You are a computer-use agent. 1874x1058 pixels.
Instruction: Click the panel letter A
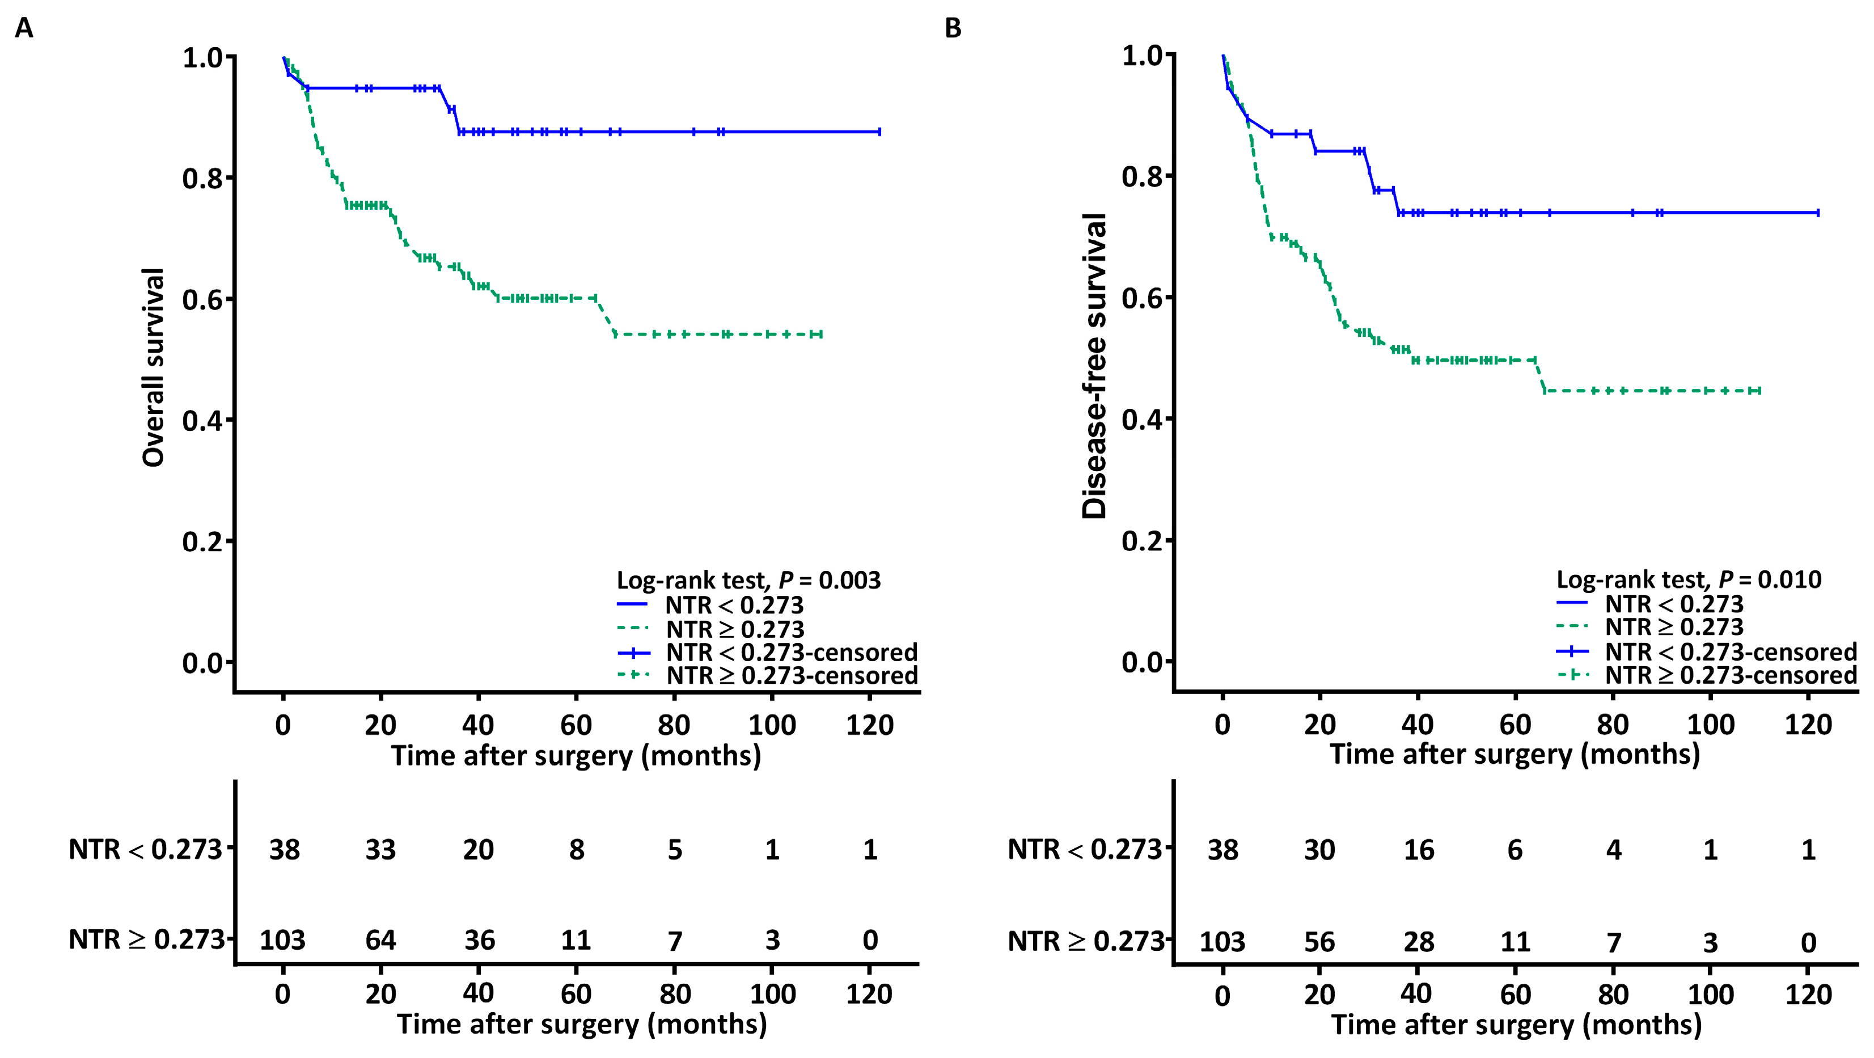(x=24, y=28)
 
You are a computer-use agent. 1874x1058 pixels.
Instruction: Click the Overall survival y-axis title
(x=154, y=367)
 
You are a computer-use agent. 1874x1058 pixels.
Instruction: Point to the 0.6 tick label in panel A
(x=202, y=299)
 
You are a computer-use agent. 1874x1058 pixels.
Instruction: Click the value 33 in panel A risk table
(x=380, y=850)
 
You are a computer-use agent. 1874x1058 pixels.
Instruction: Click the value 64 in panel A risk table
(x=380, y=940)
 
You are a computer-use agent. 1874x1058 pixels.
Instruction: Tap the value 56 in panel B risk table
(x=1319, y=942)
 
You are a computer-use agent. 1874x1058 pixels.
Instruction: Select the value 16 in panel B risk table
(x=1419, y=850)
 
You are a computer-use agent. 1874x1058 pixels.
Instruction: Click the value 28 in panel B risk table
(x=1419, y=942)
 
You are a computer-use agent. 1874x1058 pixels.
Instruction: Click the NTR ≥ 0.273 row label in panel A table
(x=146, y=939)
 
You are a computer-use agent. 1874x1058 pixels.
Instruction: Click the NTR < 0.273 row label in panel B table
(x=1084, y=849)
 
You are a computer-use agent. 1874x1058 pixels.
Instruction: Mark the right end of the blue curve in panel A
(x=879, y=132)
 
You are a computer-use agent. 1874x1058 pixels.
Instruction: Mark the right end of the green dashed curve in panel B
(x=1759, y=391)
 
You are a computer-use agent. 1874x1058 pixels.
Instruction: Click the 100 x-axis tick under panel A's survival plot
(x=772, y=726)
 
